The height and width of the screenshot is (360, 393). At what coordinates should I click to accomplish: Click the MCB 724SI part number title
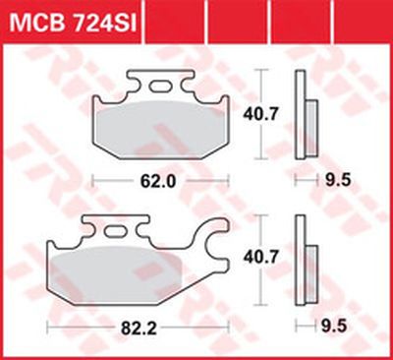[73, 23]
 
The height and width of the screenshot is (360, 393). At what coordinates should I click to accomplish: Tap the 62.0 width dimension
[158, 181]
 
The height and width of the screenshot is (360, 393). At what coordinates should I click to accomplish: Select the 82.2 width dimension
[139, 328]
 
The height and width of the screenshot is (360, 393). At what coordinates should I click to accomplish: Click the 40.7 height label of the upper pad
[260, 114]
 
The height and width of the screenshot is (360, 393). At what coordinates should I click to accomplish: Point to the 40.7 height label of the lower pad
[260, 258]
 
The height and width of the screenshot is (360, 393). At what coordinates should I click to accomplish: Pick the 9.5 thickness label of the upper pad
[338, 181]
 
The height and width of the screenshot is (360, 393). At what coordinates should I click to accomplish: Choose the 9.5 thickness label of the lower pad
[333, 327]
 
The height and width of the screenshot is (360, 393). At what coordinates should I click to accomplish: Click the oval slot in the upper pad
[160, 87]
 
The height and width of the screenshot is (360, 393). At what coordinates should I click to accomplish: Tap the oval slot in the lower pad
[115, 231]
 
